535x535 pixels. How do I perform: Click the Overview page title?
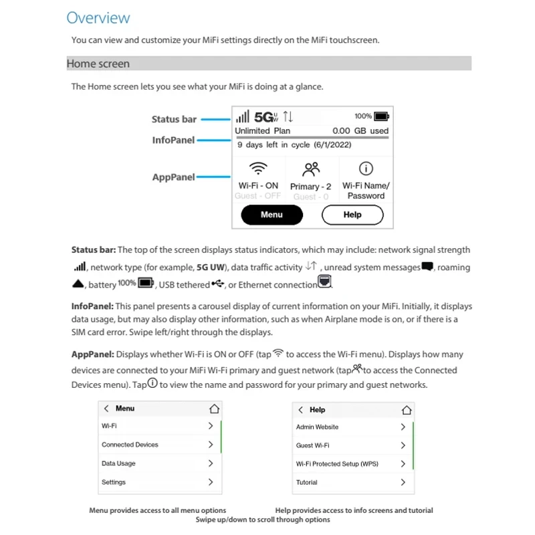pyautogui.click(x=98, y=18)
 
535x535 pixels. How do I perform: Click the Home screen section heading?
pyautogui.click(x=98, y=64)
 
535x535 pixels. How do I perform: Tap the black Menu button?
pyautogui.click(x=272, y=215)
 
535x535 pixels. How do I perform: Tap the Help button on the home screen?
pyautogui.click(x=352, y=215)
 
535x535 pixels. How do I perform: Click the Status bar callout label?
pyautogui.click(x=174, y=119)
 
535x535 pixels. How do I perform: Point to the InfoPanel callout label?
pyautogui.click(x=173, y=140)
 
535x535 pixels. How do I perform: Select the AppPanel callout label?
pyautogui.click(x=173, y=177)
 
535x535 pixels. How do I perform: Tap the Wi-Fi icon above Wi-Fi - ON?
pyautogui.click(x=258, y=168)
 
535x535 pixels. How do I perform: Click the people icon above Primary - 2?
pyautogui.click(x=312, y=169)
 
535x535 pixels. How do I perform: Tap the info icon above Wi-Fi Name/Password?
pyautogui.click(x=366, y=169)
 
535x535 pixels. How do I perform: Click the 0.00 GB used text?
pyautogui.click(x=360, y=131)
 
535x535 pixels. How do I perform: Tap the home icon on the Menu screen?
pyautogui.click(x=214, y=409)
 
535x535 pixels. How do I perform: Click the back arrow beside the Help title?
pyautogui.click(x=301, y=410)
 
